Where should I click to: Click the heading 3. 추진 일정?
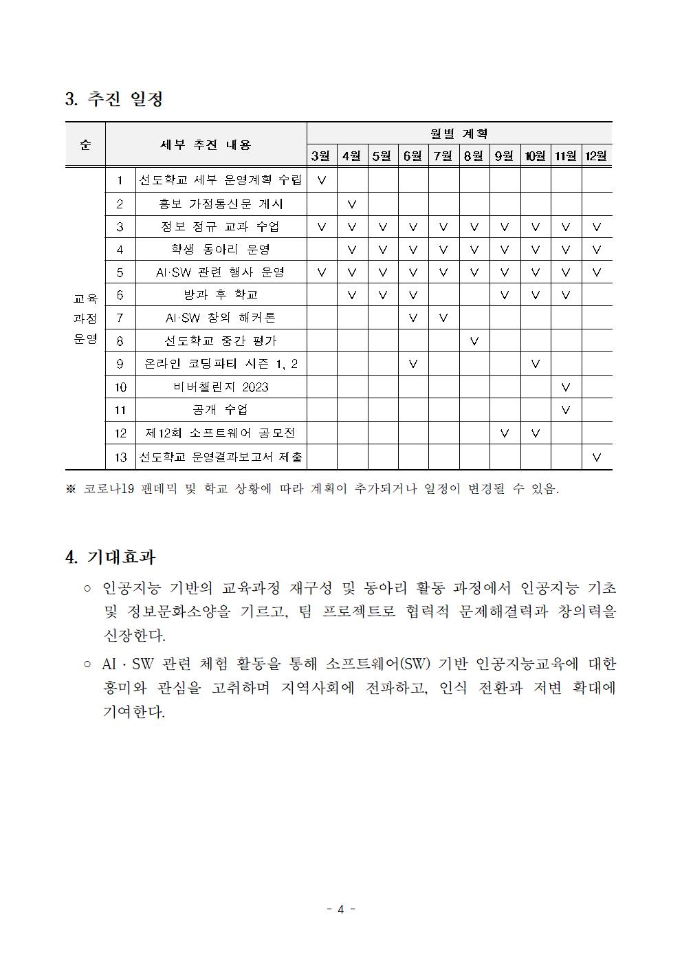pos(114,99)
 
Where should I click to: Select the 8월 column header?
pos(474,155)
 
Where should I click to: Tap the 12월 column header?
pos(596,155)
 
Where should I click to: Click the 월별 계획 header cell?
pos(459,133)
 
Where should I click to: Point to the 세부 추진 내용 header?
pos(206,144)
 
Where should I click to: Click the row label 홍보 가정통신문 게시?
pos(220,204)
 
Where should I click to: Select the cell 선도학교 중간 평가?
pos(220,340)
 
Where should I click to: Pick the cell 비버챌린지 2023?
pos(220,387)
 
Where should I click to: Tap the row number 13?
pos(120,456)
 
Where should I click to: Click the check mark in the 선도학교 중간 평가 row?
pos(474,341)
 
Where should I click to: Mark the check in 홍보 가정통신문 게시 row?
pos(352,204)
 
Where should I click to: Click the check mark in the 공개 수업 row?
pos(566,410)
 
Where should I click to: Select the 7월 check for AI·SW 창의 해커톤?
pos(443,318)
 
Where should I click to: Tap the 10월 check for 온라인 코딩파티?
pos(536,364)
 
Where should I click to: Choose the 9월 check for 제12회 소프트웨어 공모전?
pos(505,433)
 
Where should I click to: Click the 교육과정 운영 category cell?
pos(85,318)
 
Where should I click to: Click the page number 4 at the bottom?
pos(340,909)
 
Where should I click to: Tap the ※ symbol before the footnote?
pos(70,490)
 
